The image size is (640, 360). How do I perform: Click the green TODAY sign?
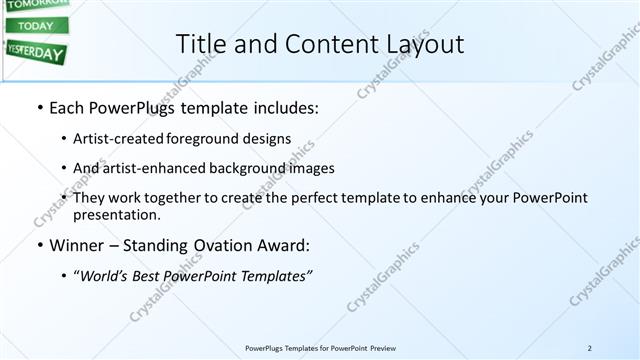(36, 25)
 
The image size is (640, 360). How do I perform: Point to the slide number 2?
(590, 348)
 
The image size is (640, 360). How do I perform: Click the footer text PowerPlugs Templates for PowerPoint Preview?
(320, 348)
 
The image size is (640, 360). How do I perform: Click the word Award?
(281, 245)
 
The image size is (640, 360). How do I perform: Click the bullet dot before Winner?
(39, 245)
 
